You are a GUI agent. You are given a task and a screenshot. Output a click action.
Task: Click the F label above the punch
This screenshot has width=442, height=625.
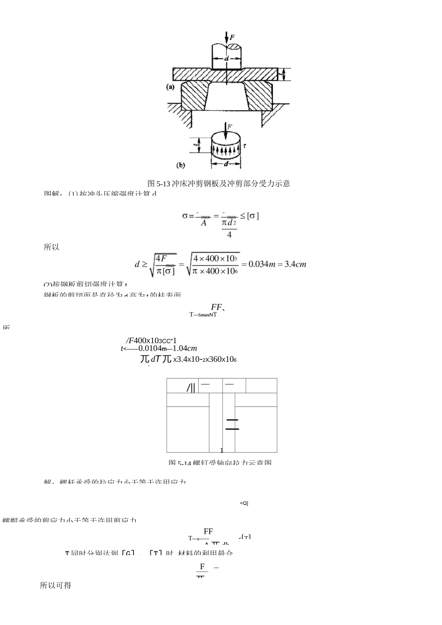[232, 36]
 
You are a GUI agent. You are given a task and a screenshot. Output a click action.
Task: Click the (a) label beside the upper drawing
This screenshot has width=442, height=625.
[170, 86]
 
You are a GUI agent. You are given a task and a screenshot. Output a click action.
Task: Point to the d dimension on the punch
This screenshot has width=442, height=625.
[227, 59]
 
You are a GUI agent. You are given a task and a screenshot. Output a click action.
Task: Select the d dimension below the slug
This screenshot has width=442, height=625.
[226, 164]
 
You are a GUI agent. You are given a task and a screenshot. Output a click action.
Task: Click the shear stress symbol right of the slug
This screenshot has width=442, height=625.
[245, 146]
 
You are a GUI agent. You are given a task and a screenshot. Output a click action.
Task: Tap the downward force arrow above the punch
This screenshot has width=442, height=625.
[227, 38]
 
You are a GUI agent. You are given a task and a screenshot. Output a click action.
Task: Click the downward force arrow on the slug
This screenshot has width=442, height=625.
[225, 129]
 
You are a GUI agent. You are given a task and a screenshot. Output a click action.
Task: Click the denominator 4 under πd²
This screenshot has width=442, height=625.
[229, 235]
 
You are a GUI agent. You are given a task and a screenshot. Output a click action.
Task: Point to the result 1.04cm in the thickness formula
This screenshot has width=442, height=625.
[184, 348]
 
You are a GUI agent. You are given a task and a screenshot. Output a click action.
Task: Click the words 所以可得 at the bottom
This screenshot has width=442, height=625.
[55, 585]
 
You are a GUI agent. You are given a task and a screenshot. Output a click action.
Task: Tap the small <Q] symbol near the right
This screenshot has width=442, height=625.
[244, 503]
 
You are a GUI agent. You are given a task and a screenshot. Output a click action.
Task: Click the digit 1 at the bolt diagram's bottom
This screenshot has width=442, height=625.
[222, 450]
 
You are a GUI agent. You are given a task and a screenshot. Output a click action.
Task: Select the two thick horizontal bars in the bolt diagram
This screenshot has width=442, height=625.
[232, 424]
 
